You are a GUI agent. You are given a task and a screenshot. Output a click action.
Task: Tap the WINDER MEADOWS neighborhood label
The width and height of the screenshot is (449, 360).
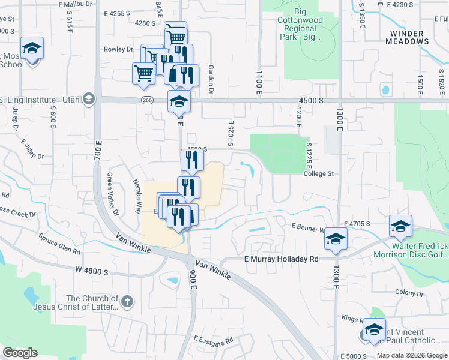point(409,37)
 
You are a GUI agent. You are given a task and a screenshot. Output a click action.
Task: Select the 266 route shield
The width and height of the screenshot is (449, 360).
point(147,100)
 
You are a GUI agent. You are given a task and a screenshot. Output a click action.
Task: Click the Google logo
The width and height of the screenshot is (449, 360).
point(19,353)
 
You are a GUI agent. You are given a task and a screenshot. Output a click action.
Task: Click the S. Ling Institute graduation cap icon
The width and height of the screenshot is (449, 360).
point(89,98)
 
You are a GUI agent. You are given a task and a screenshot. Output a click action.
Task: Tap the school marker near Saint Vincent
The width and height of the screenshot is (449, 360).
point(374,329)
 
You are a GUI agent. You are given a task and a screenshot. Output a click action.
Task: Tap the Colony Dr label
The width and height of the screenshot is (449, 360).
point(409,293)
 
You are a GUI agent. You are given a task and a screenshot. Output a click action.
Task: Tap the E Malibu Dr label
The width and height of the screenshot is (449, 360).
point(78,4)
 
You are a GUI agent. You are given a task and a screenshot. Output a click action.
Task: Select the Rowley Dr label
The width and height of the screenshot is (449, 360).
point(118,49)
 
